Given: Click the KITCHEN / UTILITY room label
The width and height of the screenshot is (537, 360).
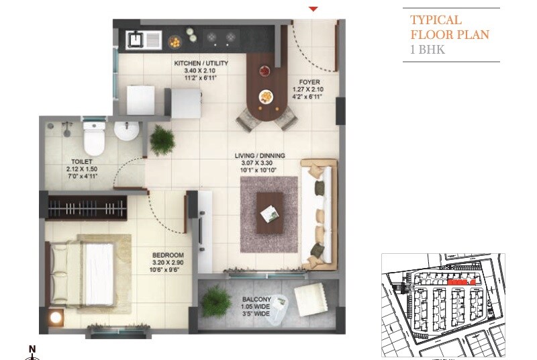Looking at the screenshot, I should [201, 64].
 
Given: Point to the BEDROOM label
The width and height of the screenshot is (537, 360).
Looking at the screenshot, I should [168, 255].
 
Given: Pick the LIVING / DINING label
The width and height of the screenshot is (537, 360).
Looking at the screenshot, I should [259, 156].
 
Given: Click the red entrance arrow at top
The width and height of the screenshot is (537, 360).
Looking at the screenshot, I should [313, 9].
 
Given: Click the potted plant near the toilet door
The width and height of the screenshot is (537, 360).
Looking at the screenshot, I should [162, 140].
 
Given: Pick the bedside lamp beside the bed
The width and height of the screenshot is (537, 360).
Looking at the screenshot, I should [56, 318].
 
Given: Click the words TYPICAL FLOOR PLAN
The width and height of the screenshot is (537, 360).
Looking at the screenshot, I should [449, 28].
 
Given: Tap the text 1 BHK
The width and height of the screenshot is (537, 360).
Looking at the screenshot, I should [428, 49].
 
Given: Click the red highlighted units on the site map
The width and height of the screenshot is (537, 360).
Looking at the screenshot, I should [460, 283].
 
